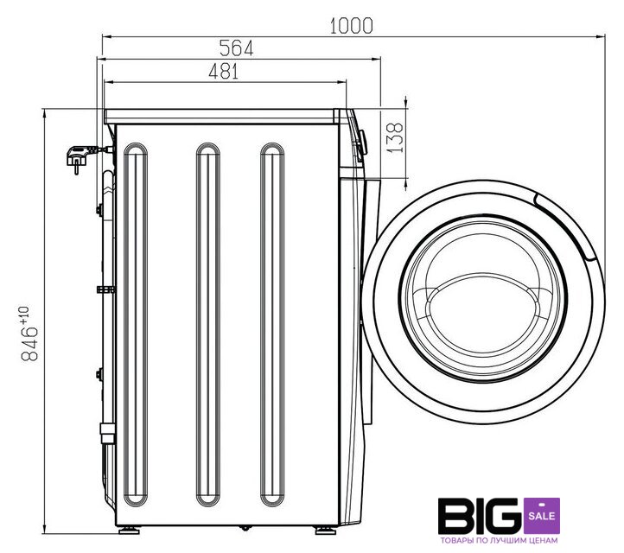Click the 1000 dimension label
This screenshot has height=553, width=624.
point(352,26)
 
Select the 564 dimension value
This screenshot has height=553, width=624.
point(237,48)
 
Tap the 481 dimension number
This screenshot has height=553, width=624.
point(224,72)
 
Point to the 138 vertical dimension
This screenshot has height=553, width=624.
point(395,137)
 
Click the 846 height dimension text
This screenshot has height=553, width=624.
point(29,343)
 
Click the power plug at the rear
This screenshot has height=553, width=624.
point(81,156)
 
